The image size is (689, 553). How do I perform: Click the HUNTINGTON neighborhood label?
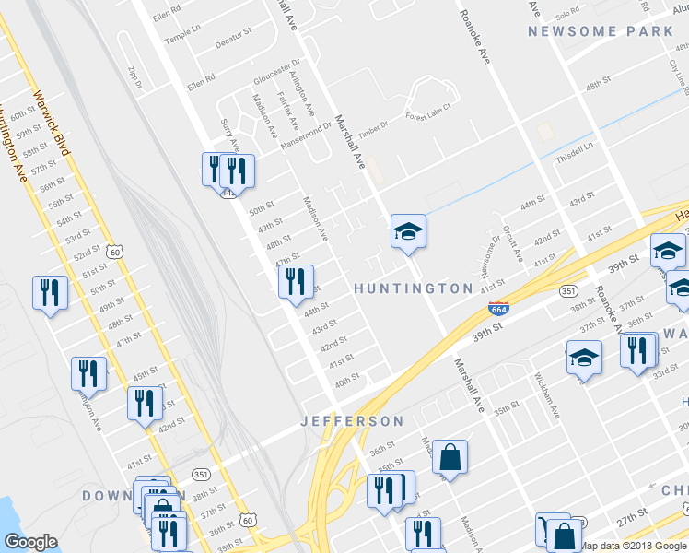pyautogui.click(x=415, y=288)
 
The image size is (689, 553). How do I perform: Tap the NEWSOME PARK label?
pyautogui.click(x=601, y=31)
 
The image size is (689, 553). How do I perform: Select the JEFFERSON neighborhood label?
pyautogui.click(x=353, y=421)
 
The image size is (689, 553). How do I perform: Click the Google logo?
pyautogui.click(x=30, y=542)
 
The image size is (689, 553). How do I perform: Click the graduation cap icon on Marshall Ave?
pyautogui.click(x=408, y=233)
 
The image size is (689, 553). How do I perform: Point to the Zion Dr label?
pyautogui.click(x=134, y=76)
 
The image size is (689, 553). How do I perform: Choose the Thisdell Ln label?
pyautogui.click(x=574, y=151)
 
